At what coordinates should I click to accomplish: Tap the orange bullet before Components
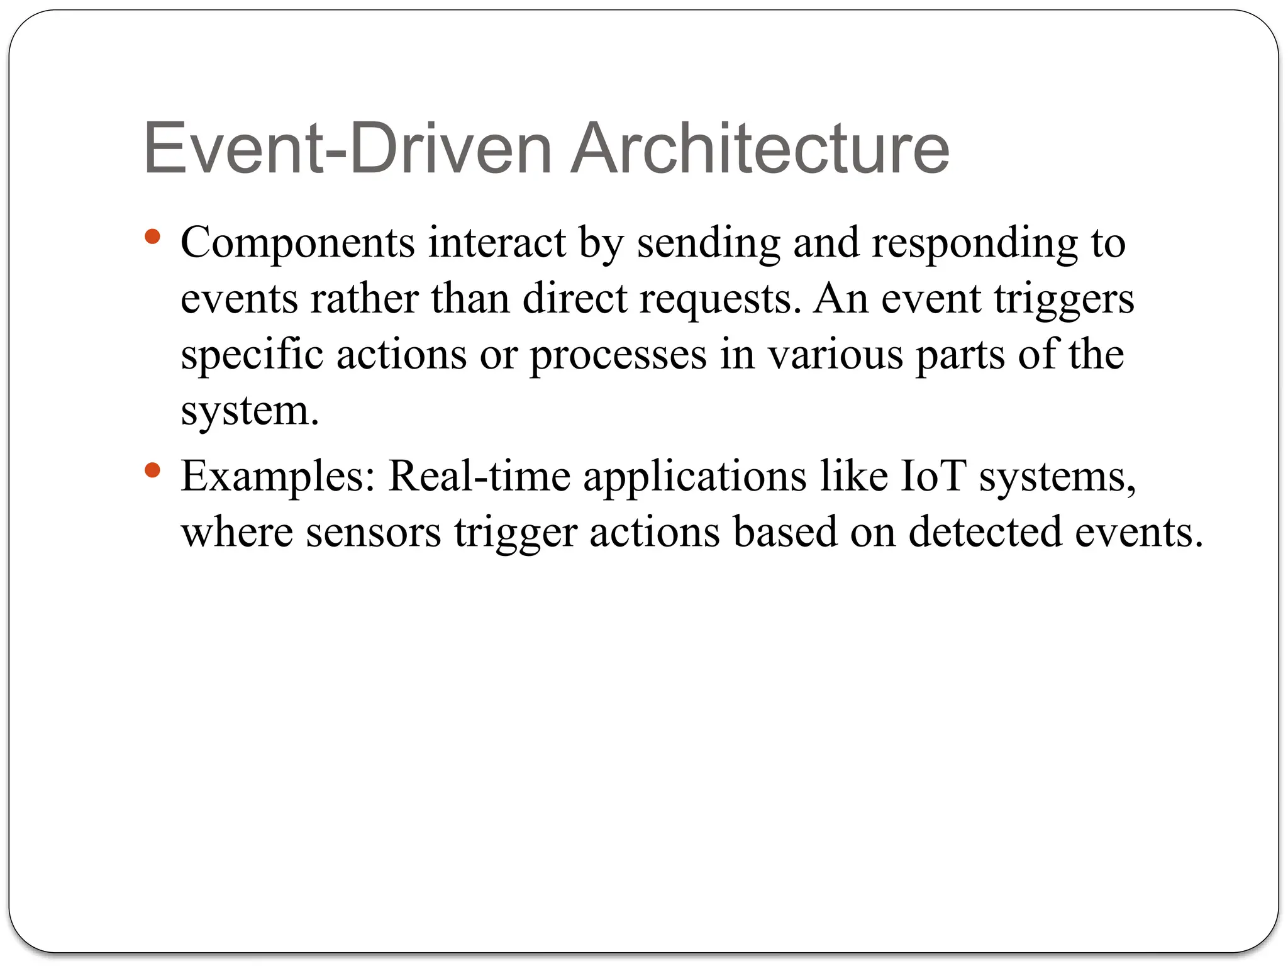(152, 237)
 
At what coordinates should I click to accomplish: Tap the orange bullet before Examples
(152, 470)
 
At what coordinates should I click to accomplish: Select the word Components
(297, 243)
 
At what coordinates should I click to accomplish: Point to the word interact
(497, 242)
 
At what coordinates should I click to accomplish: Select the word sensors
(374, 533)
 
